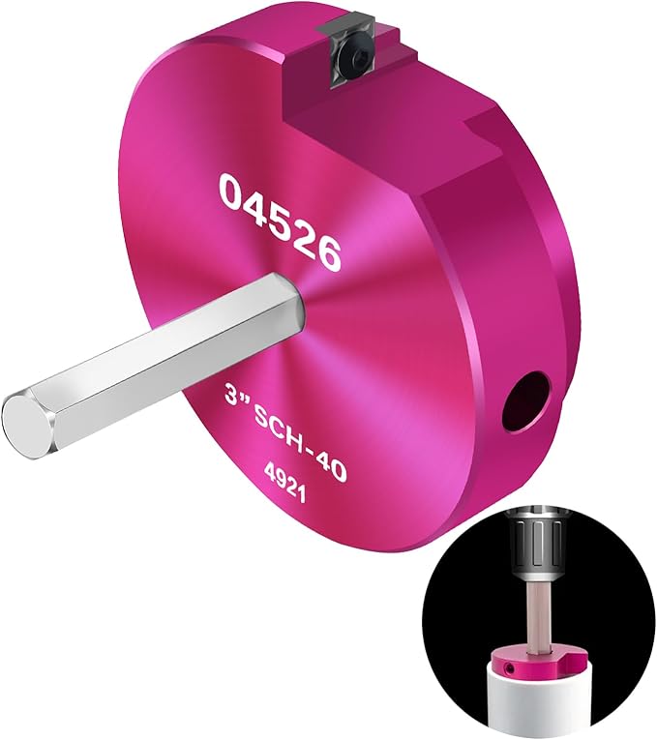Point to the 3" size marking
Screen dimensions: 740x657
[x=234, y=397]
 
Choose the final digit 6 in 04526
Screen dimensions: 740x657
[x=327, y=253]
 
